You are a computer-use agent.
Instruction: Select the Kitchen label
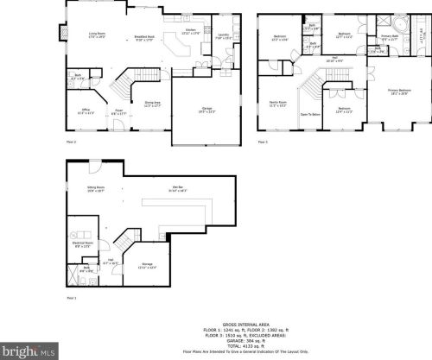(x=192, y=33)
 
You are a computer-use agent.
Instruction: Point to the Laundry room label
(x=222, y=37)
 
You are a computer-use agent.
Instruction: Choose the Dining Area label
(x=152, y=104)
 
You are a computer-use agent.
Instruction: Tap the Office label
(x=86, y=111)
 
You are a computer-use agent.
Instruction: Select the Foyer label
(x=118, y=111)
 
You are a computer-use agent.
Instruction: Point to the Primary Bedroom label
(x=399, y=91)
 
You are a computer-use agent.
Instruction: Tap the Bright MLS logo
(x=27, y=351)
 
